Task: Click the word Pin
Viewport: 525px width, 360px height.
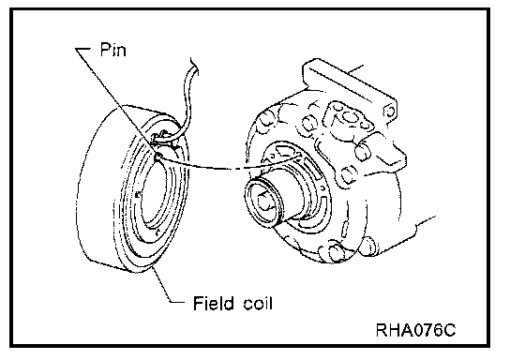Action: [113, 50]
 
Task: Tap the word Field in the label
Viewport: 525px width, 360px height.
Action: [214, 303]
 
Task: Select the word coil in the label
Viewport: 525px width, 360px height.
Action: [258, 303]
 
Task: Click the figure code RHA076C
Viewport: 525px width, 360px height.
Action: [415, 330]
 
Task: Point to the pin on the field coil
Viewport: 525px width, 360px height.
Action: [158, 155]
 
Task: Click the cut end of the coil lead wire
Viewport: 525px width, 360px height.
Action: [194, 63]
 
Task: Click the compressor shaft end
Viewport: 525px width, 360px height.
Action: [265, 202]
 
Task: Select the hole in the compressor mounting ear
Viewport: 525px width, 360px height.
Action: [390, 111]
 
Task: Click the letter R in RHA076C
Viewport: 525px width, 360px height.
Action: [382, 330]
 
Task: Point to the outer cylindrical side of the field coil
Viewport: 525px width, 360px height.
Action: [98, 187]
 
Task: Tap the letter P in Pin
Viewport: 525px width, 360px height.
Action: [105, 50]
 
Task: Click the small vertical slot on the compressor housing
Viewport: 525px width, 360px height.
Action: [345, 232]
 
